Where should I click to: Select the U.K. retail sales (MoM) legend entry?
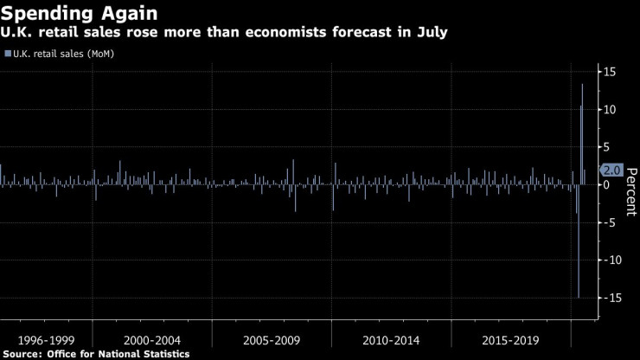(x=61, y=54)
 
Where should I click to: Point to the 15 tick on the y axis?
(x=609, y=72)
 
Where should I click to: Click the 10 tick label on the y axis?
(x=609, y=109)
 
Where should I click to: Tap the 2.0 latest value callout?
(x=611, y=170)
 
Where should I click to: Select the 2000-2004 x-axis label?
(x=151, y=340)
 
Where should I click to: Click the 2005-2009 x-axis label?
(x=272, y=340)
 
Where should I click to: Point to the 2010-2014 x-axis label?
(x=391, y=340)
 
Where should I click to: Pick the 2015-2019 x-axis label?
(x=510, y=340)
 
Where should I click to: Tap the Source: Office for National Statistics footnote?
(x=95, y=354)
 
